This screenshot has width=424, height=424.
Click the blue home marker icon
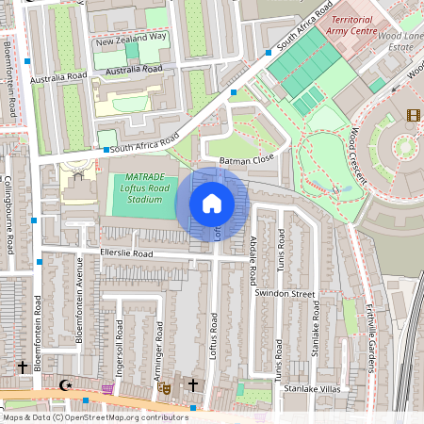pos(212,203)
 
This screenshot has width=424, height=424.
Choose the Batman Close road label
pos(246,161)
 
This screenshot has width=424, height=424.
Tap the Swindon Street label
pos(285,294)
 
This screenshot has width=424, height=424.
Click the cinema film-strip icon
pos(413,116)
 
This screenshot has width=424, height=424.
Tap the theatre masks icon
pos(164,386)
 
